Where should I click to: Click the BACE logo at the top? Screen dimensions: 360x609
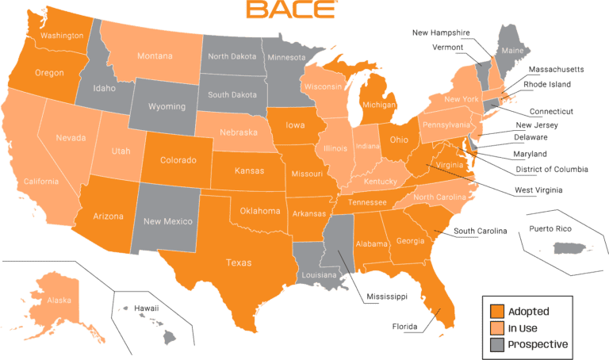coord(290,10)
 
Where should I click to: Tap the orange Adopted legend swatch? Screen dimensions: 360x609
coord(496,311)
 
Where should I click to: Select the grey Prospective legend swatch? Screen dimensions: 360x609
coord(496,344)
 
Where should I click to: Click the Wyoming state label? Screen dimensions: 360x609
coord(167,106)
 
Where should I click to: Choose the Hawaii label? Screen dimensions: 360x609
coord(146,308)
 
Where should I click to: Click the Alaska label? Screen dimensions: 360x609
coord(59,301)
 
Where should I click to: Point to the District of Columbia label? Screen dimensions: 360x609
coord(553,169)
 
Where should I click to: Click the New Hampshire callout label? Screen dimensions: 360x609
coord(442,33)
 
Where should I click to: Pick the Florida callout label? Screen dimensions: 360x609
coord(404,326)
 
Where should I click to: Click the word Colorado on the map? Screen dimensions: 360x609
coord(178,160)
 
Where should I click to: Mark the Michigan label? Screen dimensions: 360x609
coord(377,105)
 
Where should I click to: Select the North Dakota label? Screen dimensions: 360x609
coord(232,56)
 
